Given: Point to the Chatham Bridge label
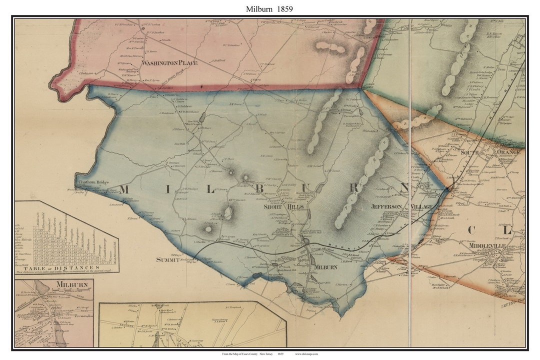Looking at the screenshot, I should pyautogui.click(x=92, y=182).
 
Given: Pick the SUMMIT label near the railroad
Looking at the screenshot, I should pyautogui.click(x=167, y=259).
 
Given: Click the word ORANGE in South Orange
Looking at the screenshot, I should pyautogui.click(x=508, y=151).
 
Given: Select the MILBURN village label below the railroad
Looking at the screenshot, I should pyautogui.click(x=325, y=267).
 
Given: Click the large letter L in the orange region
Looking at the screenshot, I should pyautogui.click(x=507, y=230).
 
